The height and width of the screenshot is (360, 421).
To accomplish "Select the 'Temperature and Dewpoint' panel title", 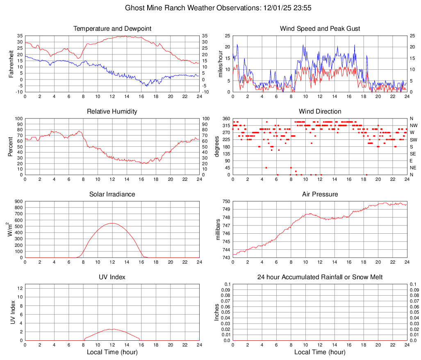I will [x=112, y=29].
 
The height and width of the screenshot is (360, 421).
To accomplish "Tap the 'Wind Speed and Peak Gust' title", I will [x=320, y=29].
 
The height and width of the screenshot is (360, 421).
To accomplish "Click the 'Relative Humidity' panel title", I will [x=112, y=112].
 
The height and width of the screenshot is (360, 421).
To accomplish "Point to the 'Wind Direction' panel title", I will [x=320, y=112].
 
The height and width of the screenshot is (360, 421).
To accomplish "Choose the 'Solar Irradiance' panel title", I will [x=112, y=194].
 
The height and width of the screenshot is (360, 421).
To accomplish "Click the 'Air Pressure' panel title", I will [x=320, y=194].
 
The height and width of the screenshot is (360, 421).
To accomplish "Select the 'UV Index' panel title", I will [x=112, y=277].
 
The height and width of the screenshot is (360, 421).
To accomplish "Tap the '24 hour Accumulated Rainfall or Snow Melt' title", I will [x=320, y=277].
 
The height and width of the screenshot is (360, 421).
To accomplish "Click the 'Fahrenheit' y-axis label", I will [x=11, y=64].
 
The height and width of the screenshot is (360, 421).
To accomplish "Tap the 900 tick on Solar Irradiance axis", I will [x=18, y=202].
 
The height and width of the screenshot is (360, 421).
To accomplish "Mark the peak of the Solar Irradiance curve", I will [x=112, y=223].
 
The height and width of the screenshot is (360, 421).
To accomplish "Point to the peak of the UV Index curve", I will [x=112, y=329].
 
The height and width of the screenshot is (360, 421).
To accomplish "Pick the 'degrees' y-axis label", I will [x=217, y=147].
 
